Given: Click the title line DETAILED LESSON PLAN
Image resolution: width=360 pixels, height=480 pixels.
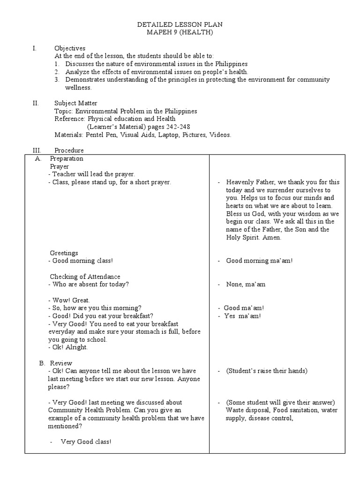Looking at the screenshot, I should (x=180, y=24).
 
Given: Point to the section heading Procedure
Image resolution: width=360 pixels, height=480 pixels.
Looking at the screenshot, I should (x=69, y=150).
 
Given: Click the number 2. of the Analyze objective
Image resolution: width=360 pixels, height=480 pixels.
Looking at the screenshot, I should (x=57, y=72).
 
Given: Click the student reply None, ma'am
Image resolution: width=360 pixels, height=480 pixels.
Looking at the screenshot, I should (x=246, y=285).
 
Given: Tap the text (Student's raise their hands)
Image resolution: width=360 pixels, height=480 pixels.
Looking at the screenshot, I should (x=266, y=371).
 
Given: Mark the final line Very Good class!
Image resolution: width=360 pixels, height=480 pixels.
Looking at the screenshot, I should (x=86, y=442).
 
